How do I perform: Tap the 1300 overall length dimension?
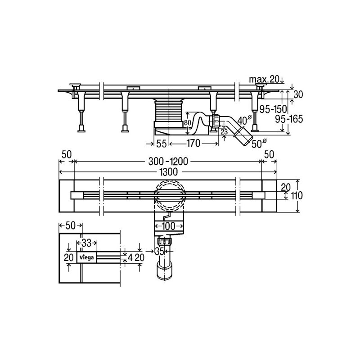168,172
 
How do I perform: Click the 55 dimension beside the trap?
162,144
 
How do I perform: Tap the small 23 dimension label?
224,131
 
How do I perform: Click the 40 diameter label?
243,120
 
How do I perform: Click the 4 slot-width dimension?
130,258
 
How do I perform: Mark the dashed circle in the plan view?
168,194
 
